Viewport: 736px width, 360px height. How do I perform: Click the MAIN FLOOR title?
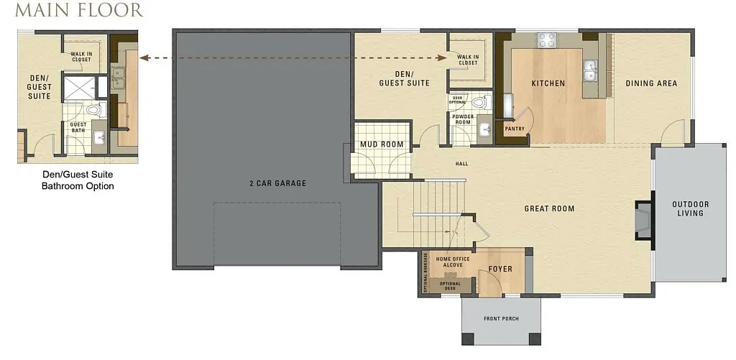click(x=78, y=11)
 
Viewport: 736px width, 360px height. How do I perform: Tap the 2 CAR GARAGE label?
click(x=277, y=183)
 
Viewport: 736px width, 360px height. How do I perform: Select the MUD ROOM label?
click(x=382, y=144)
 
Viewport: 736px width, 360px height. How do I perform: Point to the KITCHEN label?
click(x=548, y=83)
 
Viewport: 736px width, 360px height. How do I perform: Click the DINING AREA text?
click(x=651, y=83)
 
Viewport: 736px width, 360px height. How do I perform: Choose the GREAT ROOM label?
click(x=548, y=209)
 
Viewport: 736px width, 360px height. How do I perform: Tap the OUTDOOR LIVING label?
click(x=690, y=208)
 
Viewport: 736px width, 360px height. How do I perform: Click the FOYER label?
click(x=500, y=269)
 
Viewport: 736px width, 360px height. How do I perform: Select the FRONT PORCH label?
click(x=501, y=318)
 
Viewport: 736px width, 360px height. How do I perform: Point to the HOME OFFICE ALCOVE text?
click(x=454, y=262)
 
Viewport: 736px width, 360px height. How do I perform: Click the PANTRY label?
click(x=515, y=129)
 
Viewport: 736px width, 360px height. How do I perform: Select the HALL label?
click(x=461, y=164)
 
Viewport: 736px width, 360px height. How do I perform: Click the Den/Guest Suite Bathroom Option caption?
click(x=78, y=180)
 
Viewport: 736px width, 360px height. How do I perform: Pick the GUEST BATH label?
click(x=78, y=127)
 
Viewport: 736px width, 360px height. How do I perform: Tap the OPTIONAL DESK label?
click(x=450, y=286)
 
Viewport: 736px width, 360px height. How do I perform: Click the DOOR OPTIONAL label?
click(x=457, y=100)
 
